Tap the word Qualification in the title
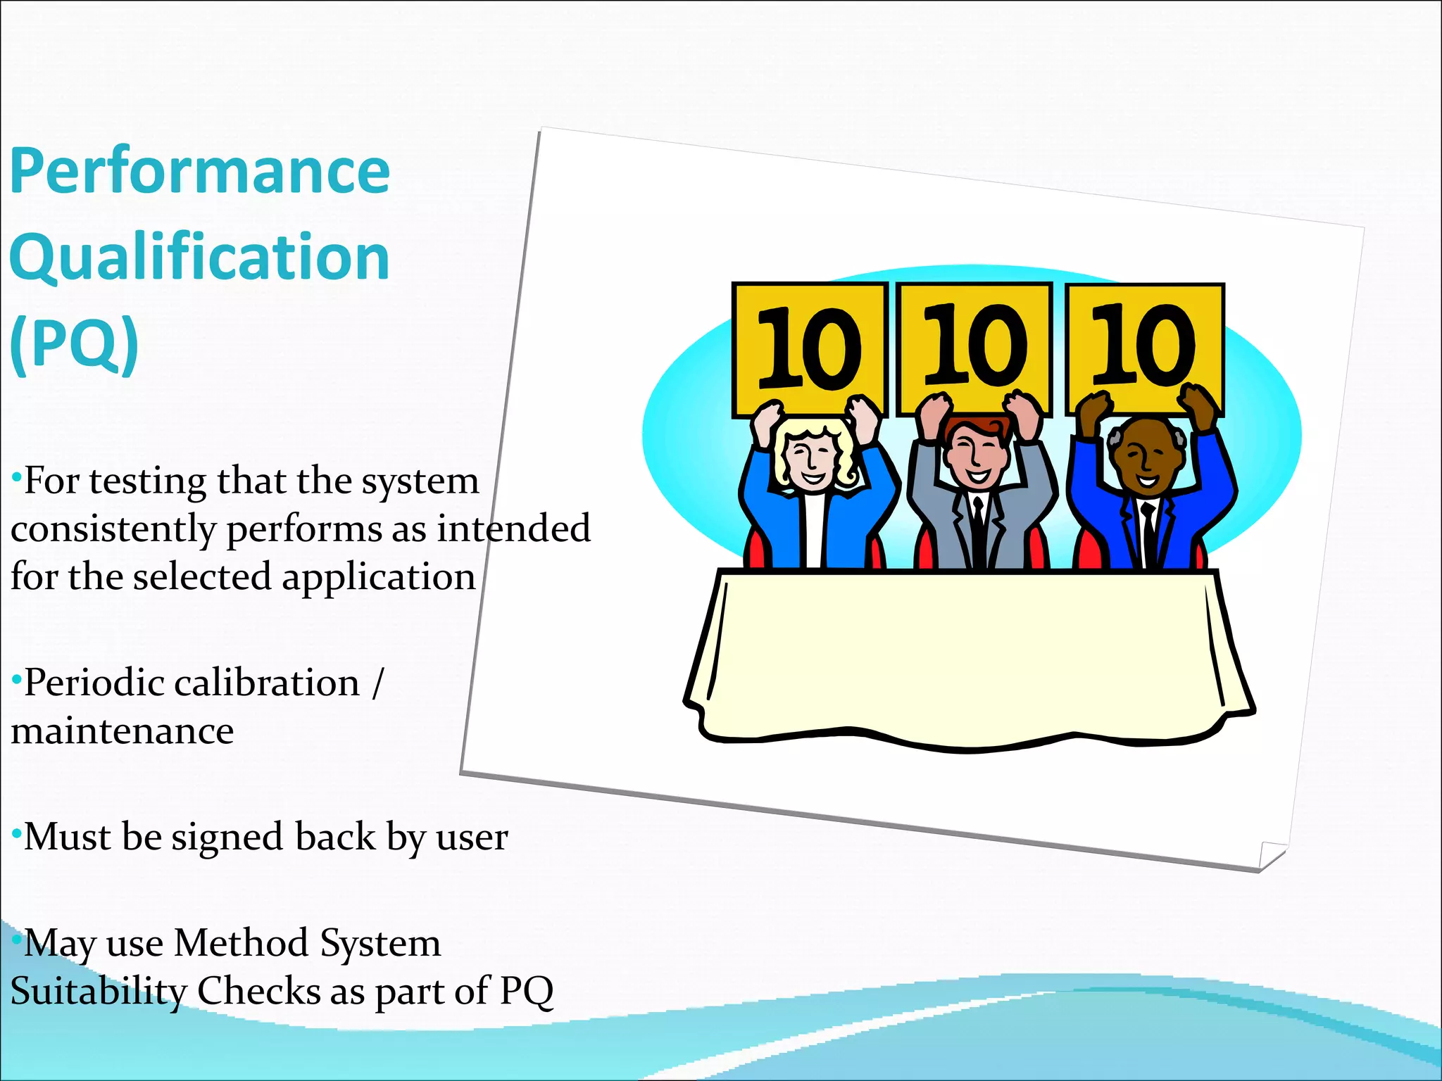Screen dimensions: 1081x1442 click(199, 258)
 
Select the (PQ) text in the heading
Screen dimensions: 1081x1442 click(74, 343)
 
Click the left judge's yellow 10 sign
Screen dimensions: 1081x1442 click(808, 348)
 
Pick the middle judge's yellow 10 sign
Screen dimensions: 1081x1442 click(974, 346)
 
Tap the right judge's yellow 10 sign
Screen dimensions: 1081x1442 click(1145, 346)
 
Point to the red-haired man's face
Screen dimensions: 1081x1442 click(974, 454)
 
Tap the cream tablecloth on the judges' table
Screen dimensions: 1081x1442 click(968, 655)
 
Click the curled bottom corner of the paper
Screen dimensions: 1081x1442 click(1271, 855)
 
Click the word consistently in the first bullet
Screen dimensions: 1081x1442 click(113, 529)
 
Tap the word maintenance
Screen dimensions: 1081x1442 click(122, 731)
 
